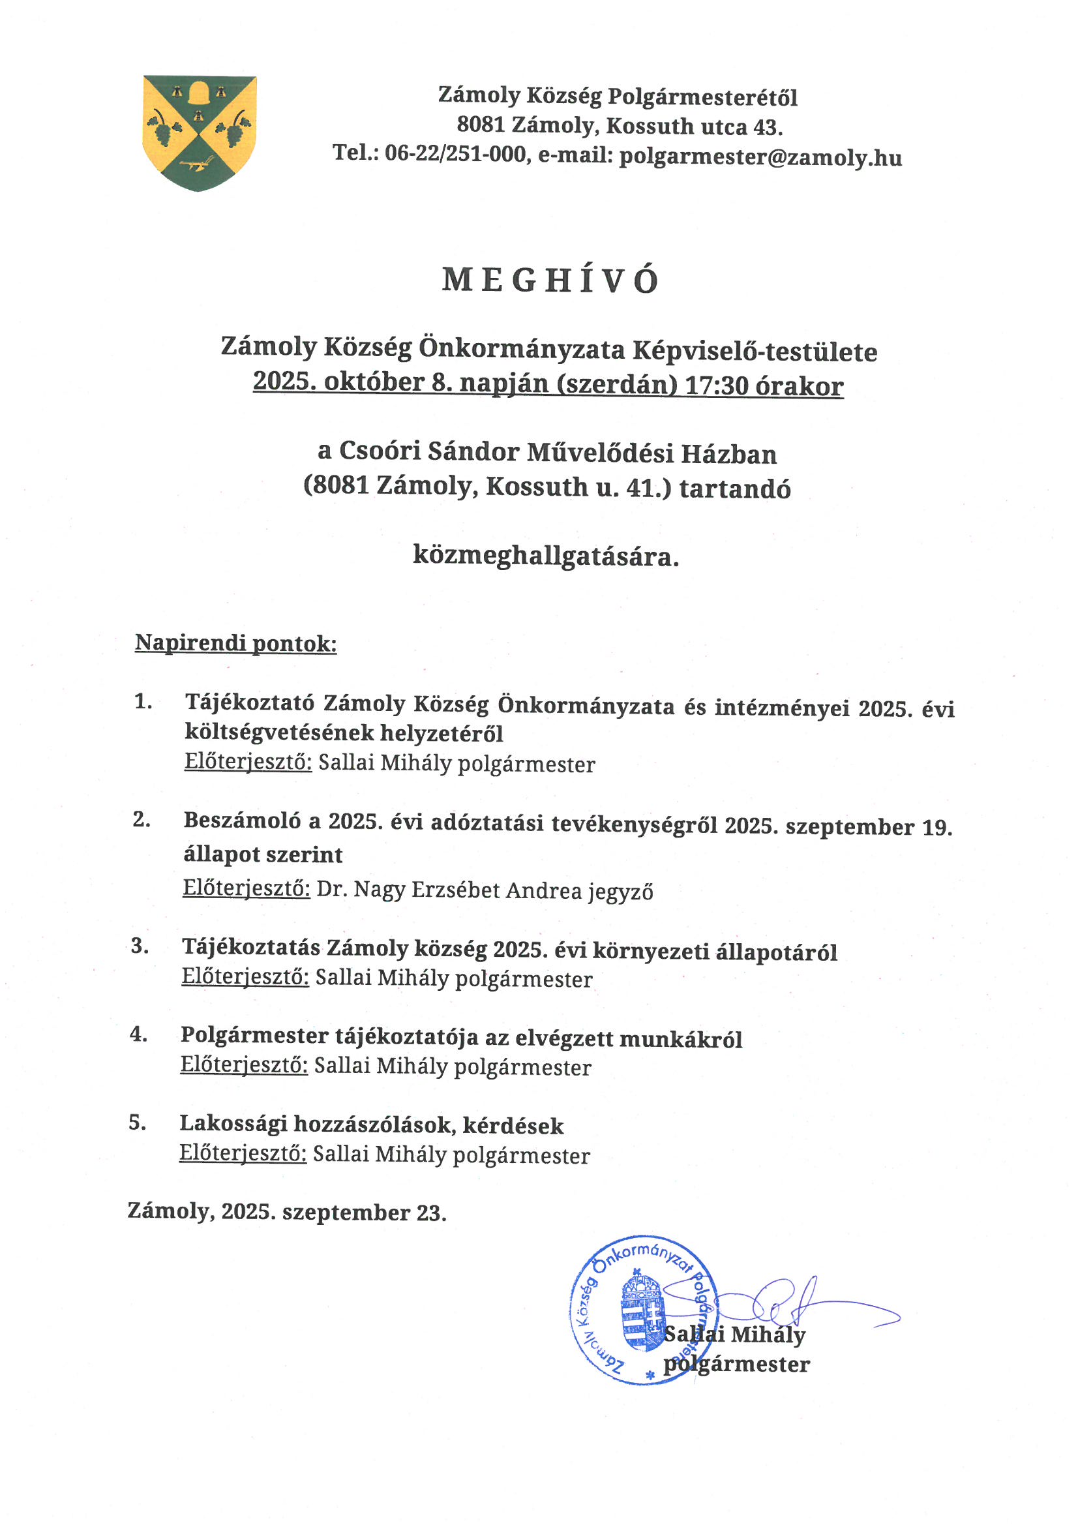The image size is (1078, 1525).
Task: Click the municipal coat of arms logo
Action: coord(200,133)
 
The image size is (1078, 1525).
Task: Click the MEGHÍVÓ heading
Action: coord(550,280)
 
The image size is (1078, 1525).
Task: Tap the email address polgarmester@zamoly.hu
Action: coord(760,157)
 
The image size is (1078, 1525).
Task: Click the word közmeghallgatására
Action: coord(546,555)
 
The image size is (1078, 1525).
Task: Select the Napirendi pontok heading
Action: coord(236,643)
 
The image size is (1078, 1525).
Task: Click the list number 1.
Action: coord(143,701)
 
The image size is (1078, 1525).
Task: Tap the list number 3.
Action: coord(140,946)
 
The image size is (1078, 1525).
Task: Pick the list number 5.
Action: coord(137,1123)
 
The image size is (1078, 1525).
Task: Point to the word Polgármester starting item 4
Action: coord(254,1036)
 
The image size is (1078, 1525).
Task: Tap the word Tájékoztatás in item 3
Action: coord(252,948)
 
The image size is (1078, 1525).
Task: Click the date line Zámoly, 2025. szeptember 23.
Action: coord(286,1211)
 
